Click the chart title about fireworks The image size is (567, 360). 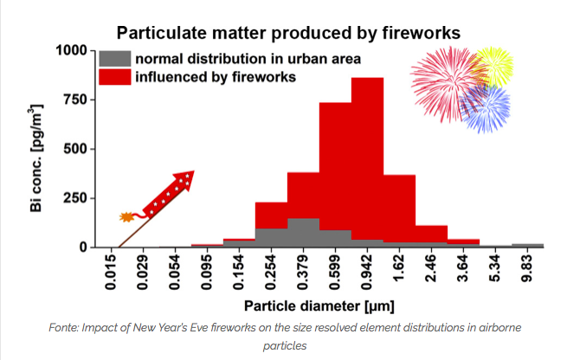point(288,33)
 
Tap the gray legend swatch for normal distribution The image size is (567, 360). point(115,59)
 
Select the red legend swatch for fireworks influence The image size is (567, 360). point(115,77)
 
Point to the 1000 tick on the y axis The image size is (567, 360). point(71,50)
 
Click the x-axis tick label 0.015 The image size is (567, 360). point(111,273)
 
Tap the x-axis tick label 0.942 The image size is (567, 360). point(367,273)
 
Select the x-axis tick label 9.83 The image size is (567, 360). point(527,268)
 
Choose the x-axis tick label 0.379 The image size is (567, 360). point(303,273)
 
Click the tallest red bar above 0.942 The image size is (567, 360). point(367,158)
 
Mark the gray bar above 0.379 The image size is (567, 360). point(303,233)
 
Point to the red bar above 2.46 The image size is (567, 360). point(431,234)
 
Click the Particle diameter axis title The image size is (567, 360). point(319,306)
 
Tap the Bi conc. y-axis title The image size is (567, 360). point(36,158)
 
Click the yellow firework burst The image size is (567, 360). point(493,66)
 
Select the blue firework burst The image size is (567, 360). point(485,107)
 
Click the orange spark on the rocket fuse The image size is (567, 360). point(126,217)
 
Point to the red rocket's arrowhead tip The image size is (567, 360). point(194,171)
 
